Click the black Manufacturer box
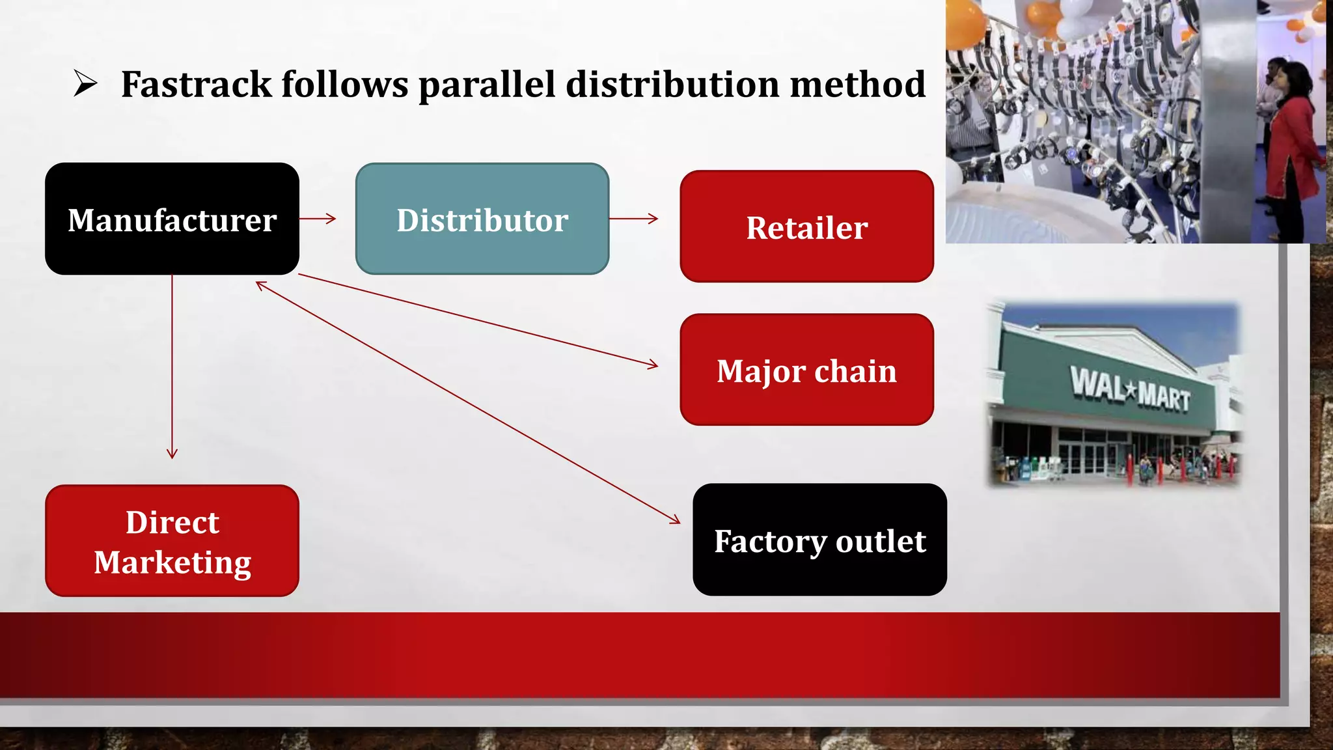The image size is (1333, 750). coord(172,219)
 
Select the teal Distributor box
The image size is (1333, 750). coord(482,219)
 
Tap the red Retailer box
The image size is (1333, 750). coord(806,227)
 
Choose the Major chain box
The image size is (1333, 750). coord(806,370)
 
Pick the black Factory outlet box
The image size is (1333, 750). coord(819,540)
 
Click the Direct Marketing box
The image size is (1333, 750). coord(172,540)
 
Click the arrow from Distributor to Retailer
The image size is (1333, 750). coord(633,219)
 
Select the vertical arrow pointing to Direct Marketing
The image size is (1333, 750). coord(172,365)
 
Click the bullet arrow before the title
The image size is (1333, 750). coord(85,83)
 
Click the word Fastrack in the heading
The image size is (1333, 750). coord(196,85)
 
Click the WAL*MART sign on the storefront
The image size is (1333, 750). coord(1131,389)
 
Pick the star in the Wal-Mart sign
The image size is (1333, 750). coord(1131,391)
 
